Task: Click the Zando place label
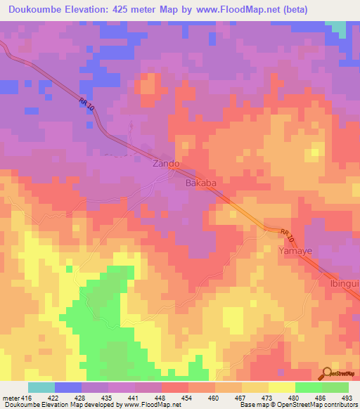pos(167,164)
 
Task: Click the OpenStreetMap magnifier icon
pos(326,373)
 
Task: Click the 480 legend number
pos(294,399)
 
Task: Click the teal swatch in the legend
pos(41,387)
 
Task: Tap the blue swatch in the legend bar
pos(67,387)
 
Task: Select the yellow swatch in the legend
pos(281,387)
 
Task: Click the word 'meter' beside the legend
pos(9,399)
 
